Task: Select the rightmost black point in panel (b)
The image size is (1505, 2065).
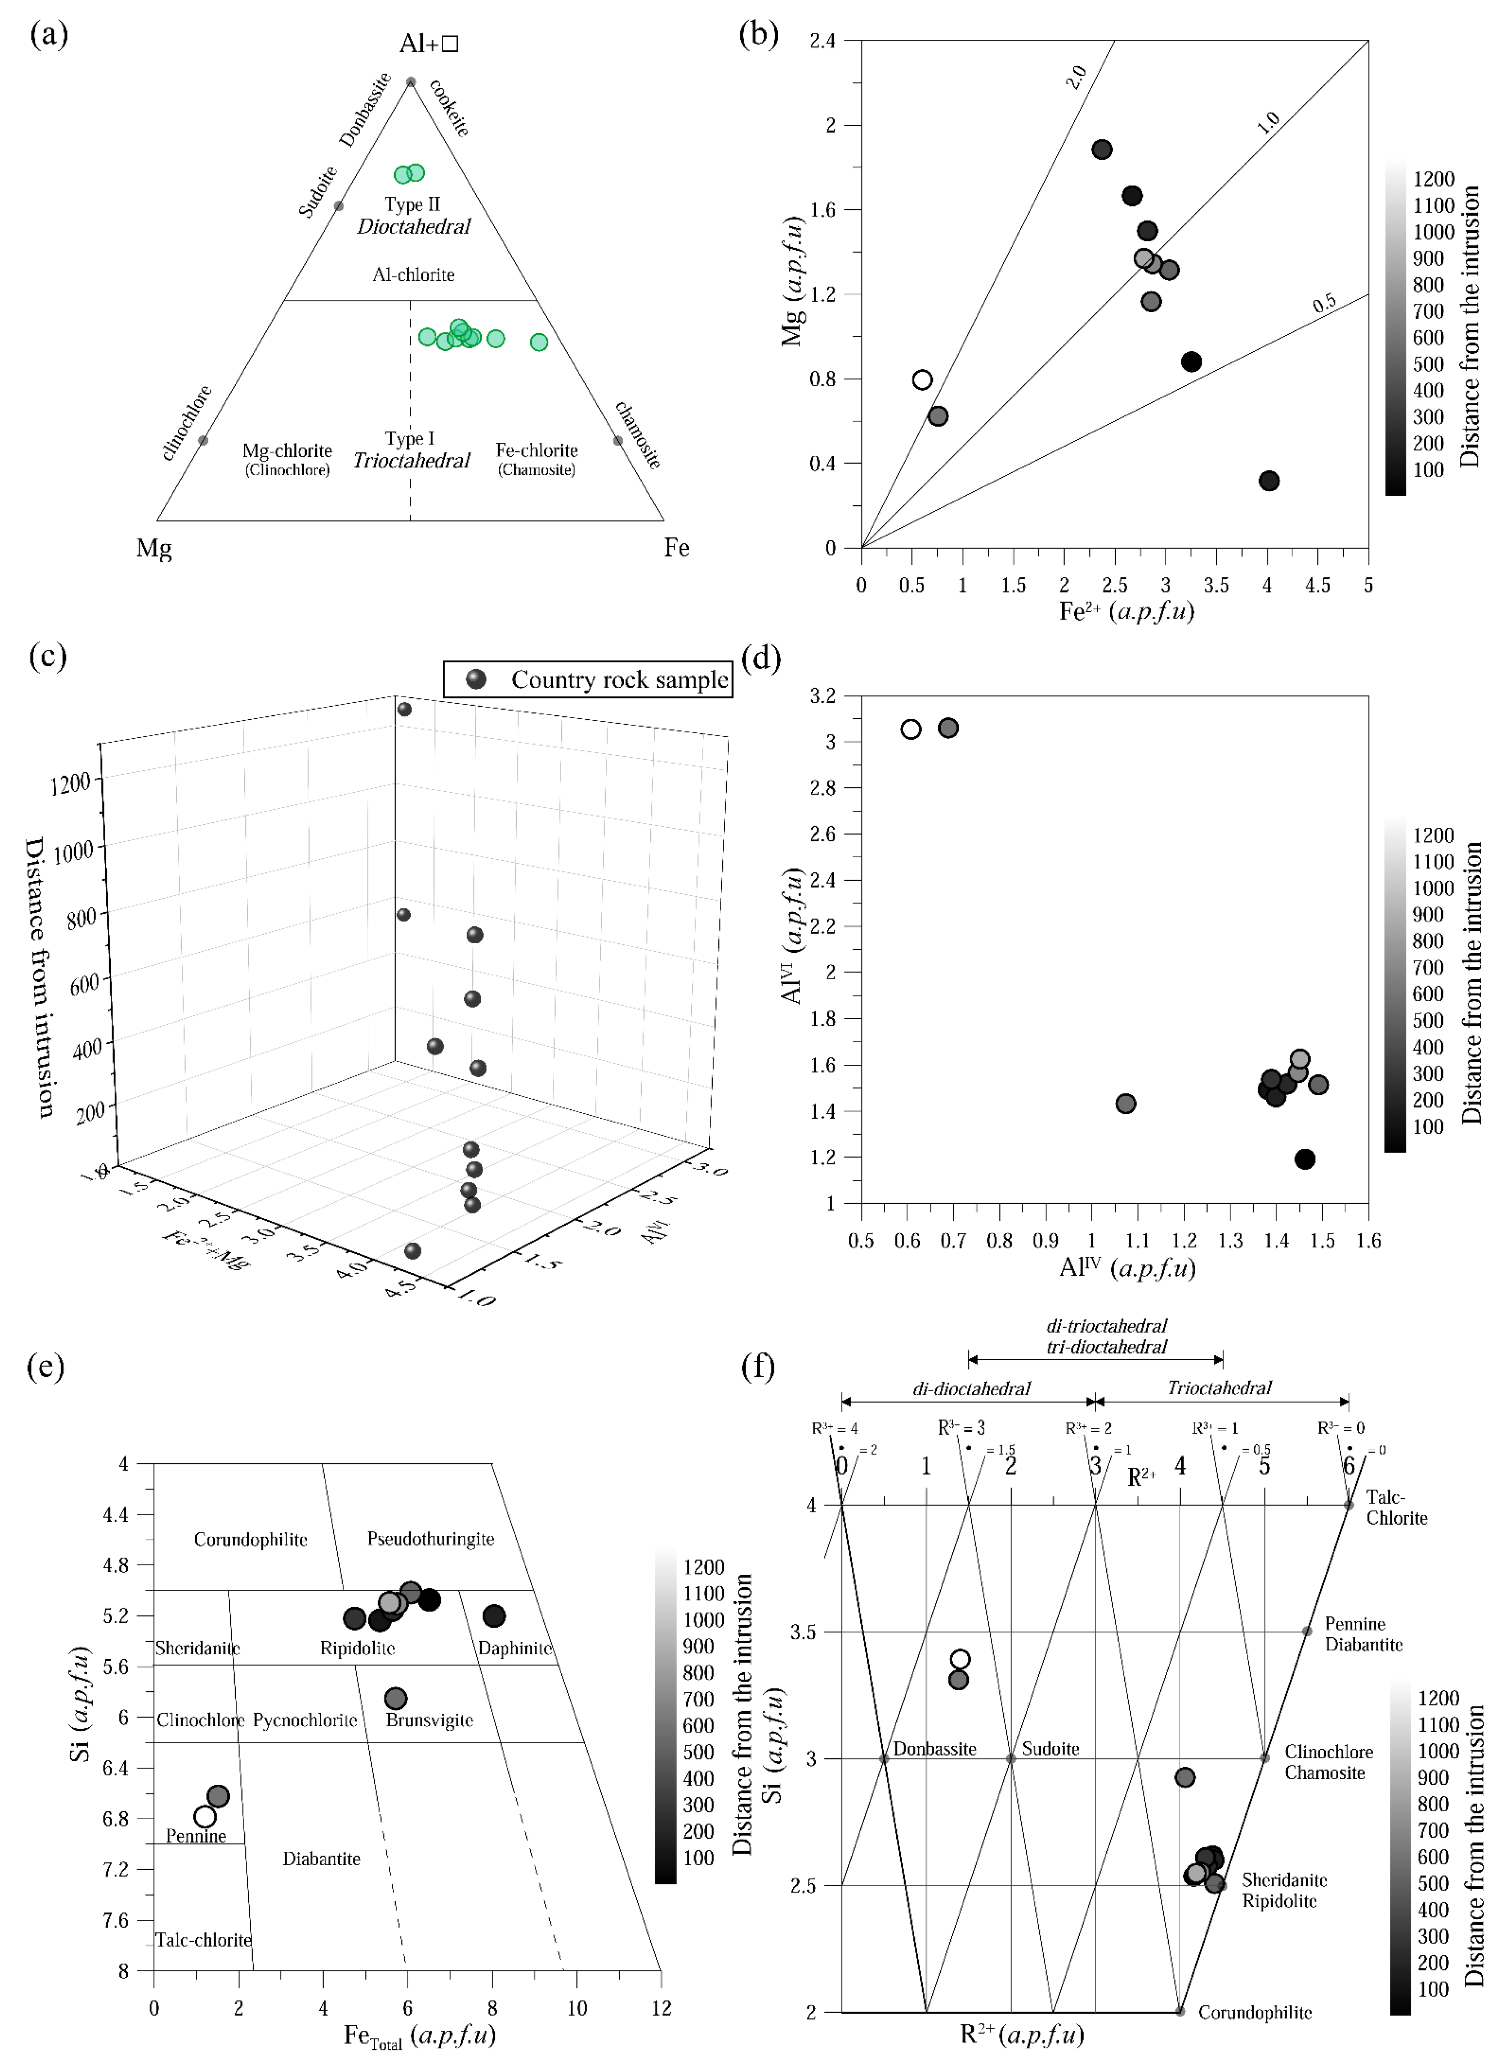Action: click(x=1269, y=481)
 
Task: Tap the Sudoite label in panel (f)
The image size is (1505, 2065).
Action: click(x=1050, y=1749)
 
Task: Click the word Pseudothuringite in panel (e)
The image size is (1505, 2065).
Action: click(x=431, y=1538)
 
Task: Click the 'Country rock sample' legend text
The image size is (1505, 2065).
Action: click(x=619, y=679)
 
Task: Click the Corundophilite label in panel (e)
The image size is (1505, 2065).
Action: click(x=251, y=1539)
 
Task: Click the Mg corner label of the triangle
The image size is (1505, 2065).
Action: click(x=154, y=548)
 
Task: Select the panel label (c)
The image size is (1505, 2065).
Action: click(x=48, y=656)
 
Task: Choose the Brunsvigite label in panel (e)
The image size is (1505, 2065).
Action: click(x=430, y=1720)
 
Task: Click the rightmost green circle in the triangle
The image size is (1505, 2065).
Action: click(x=539, y=341)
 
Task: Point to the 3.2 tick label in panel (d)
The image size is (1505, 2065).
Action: click(x=823, y=696)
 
